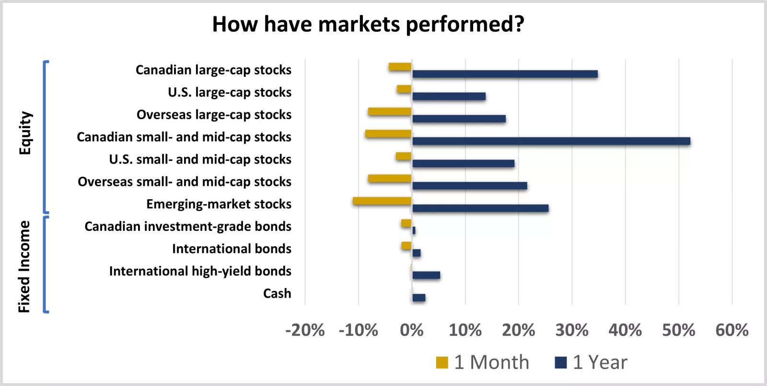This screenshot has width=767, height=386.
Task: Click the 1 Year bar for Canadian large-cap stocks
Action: pos(505,74)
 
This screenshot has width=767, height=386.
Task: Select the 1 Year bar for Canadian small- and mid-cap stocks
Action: pos(551,141)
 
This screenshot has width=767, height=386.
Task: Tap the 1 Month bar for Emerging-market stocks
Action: pos(382,201)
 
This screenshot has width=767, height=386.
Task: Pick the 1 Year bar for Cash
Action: pos(419,298)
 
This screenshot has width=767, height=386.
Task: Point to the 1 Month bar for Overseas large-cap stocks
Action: pos(390,111)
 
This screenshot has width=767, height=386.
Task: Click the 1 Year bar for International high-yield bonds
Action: pos(426,275)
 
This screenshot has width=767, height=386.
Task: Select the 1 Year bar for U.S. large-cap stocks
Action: pos(449,96)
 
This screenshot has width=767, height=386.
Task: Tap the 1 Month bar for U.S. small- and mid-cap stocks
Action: pos(404,156)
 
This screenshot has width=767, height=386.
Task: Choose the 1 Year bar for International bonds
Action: pos(417,253)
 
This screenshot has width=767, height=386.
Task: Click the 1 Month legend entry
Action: pos(482,362)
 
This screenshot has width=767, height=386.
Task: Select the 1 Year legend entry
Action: pos(591,362)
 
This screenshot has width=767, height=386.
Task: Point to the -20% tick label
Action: pos(305,330)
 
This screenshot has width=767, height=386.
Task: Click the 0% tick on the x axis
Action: pos(412,330)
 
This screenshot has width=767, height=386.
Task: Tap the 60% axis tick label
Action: pos(732,330)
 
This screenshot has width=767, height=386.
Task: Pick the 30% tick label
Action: pos(572,330)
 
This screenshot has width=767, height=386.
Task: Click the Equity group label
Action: pos(25,133)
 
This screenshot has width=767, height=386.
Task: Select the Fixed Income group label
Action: pos(24,267)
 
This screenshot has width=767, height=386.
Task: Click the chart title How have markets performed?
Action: pos(368,24)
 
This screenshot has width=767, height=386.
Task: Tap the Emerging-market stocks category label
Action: pos(219,204)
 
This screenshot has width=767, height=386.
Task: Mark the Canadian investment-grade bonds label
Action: pos(188,227)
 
